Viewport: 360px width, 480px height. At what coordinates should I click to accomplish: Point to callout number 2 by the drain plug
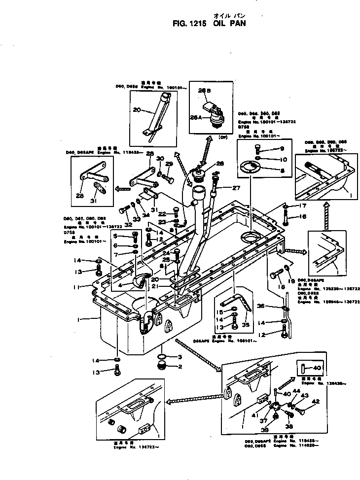point(180,366)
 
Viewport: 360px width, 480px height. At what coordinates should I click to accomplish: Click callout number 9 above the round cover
point(282,148)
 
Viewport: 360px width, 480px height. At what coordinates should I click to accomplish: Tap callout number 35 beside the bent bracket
point(246,325)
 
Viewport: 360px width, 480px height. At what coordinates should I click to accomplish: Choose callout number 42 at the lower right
point(316,401)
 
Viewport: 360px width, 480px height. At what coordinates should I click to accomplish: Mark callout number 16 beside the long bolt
point(303,216)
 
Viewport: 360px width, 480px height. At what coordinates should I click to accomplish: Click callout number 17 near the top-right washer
point(303,206)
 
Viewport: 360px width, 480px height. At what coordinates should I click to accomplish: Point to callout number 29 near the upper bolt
point(169,164)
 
